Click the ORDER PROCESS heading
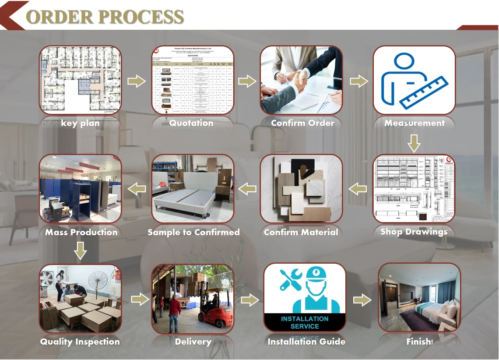pyautogui.click(x=105, y=16)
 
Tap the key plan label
pyautogui.click(x=80, y=123)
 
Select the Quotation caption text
pyautogui.click(x=192, y=123)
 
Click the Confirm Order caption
pyautogui.click(x=302, y=123)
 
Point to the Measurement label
pyautogui.click(x=414, y=123)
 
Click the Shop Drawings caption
pyautogui.click(x=414, y=232)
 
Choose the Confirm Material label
pyautogui.click(x=301, y=232)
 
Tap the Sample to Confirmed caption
pyautogui.click(x=193, y=232)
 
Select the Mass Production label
pyautogui.click(x=81, y=232)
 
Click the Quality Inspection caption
pyautogui.click(x=80, y=342)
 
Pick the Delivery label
pyautogui.click(x=193, y=342)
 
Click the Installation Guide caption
pyautogui.click(x=306, y=342)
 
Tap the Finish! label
pyautogui.click(x=419, y=342)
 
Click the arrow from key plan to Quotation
pyautogui.click(x=136, y=81)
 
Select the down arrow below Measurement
pyautogui.click(x=414, y=143)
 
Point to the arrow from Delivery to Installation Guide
pyautogui.click(x=249, y=300)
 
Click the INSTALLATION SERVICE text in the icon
pyautogui.click(x=305, y=322)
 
